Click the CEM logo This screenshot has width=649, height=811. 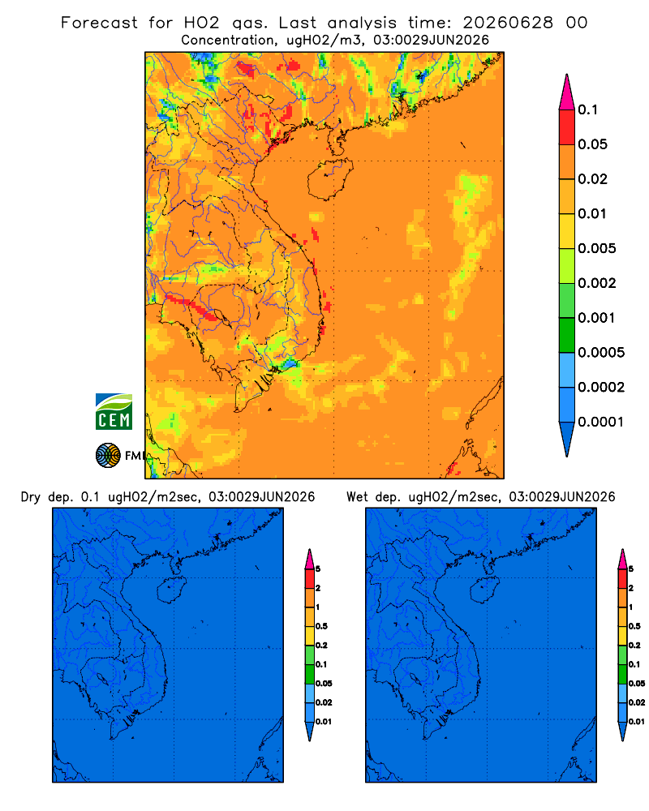[x=114, y=411]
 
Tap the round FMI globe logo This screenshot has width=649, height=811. [x=108, y=455]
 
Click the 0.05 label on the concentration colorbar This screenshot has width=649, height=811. [x=592, y=144]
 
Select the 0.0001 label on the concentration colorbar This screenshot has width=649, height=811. [x=601, y=422]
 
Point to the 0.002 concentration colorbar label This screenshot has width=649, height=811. [x=597, y=283]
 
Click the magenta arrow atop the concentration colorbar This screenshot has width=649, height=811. [x=567, y=92]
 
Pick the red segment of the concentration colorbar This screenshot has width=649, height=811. [x=567, y=127]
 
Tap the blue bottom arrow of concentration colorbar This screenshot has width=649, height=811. [x=567, y=439]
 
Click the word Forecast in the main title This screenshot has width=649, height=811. [x=99, y=23]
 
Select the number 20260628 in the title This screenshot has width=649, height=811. [x=508, y=23]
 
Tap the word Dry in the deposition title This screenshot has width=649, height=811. [x=31, y=497]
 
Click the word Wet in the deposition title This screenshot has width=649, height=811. [x=358, y=497]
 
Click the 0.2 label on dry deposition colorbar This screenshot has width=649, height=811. [x=321, y=646]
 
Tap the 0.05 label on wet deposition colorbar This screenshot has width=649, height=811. [x=637, y=684]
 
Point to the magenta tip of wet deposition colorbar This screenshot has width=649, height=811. [x=622, y=559]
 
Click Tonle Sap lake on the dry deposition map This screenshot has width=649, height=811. [x=102, y=678]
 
